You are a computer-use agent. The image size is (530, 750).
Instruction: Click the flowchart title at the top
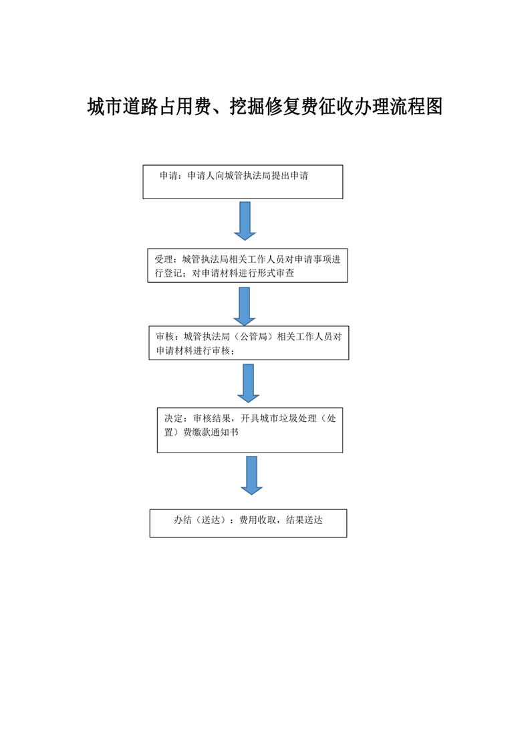265,106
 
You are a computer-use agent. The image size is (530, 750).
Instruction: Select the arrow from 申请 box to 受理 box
245,221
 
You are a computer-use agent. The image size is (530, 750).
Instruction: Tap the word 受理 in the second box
163,259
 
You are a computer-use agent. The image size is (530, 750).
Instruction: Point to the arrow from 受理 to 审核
245,307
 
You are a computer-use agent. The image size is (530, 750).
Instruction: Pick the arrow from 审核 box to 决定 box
248,383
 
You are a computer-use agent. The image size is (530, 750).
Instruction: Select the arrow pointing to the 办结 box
251,475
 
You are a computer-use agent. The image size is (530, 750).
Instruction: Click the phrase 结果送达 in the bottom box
304,520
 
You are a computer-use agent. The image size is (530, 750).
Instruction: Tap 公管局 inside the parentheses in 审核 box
253,336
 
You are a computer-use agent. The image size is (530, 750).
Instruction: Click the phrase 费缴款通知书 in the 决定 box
211,432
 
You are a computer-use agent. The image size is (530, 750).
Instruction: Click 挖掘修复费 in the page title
273,106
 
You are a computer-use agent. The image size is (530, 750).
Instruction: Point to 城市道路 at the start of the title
122,106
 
